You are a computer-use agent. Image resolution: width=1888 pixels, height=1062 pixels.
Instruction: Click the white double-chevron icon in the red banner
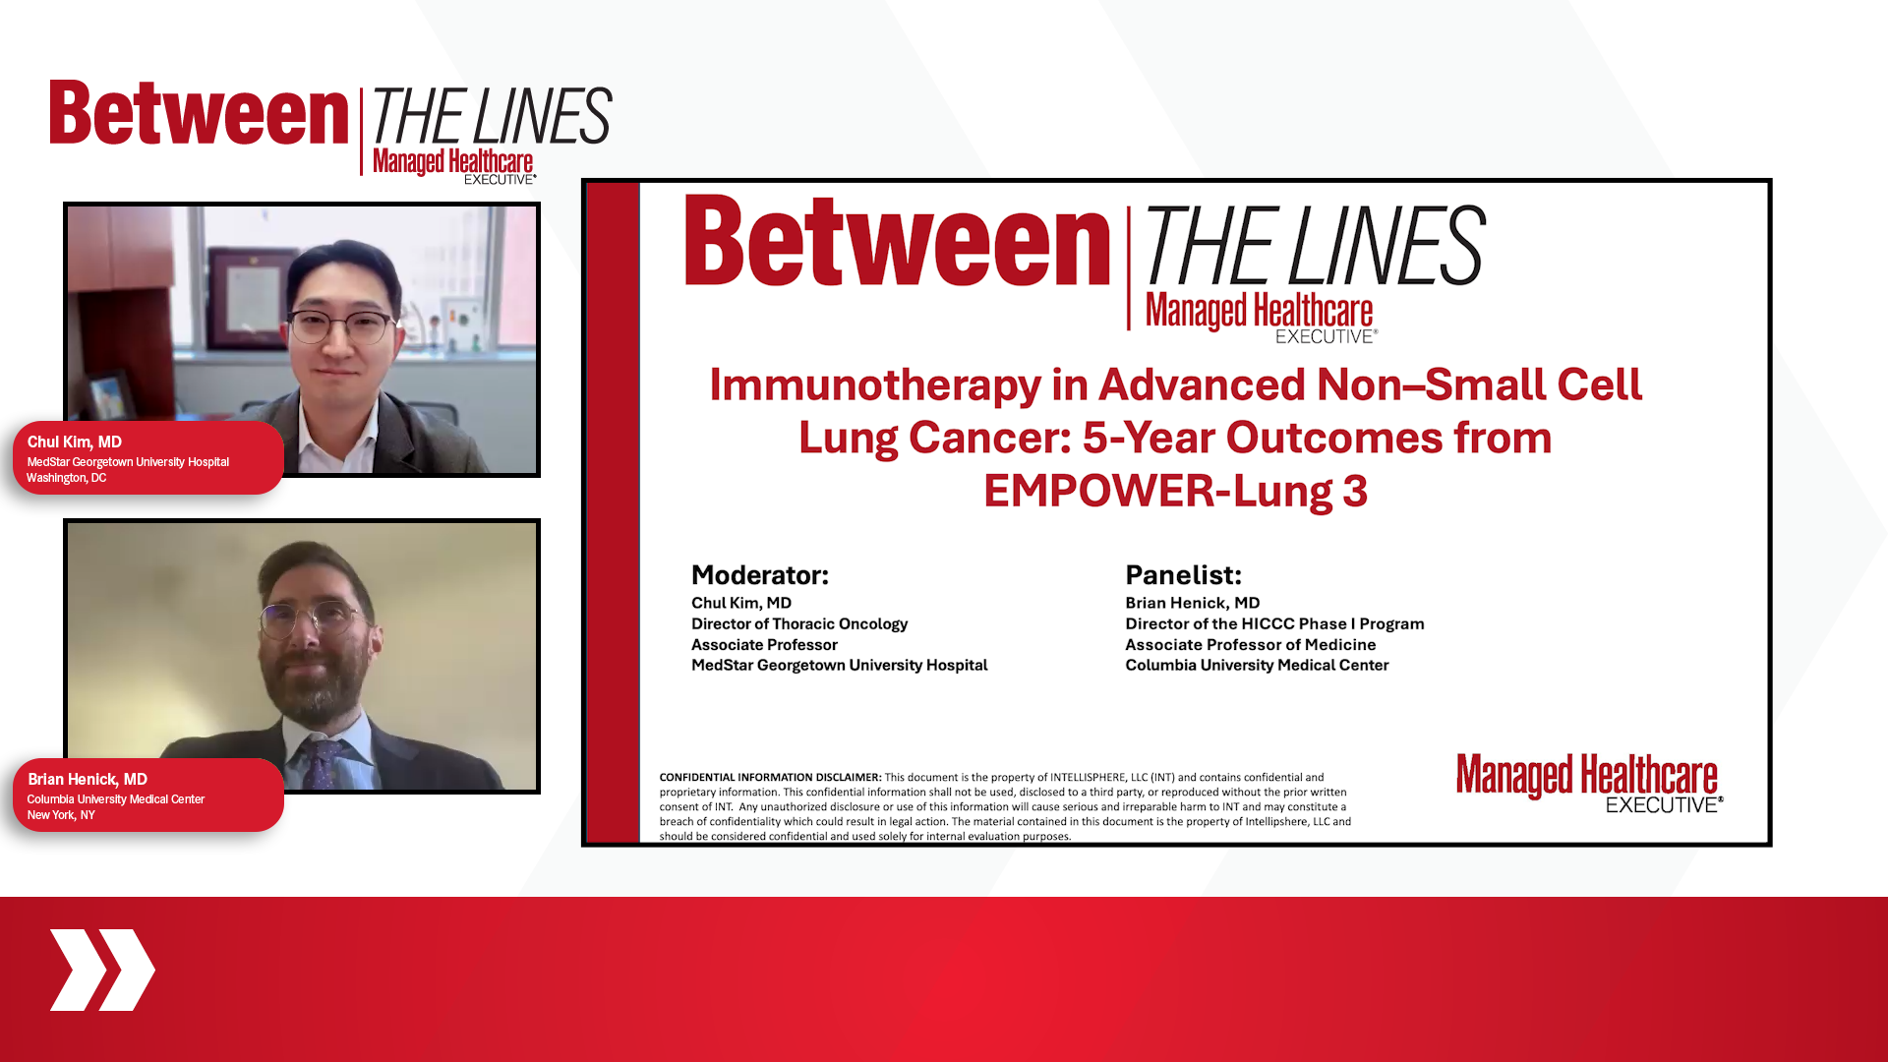[102, 970]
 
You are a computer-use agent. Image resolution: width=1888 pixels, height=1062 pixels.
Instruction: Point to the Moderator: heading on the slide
[760, 575]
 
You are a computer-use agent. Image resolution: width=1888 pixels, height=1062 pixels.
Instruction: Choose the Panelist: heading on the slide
[1184, 575]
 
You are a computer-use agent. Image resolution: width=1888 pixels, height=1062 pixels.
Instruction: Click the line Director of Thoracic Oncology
[799, 624]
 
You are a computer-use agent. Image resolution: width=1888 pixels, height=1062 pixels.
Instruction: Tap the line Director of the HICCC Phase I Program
[1274, 624]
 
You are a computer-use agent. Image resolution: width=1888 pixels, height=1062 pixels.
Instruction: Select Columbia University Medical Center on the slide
[1257, 666]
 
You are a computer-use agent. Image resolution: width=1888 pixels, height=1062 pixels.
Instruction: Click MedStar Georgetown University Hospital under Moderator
[840, 666]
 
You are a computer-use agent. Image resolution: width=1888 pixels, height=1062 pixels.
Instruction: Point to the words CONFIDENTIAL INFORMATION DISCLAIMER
[770, 777]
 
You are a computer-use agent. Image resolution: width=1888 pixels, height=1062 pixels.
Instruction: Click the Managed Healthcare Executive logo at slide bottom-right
[1589, 783]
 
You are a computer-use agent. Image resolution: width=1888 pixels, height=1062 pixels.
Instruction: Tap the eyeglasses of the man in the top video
[339, 325]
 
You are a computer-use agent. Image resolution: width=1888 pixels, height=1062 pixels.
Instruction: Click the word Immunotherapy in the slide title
[875, 384]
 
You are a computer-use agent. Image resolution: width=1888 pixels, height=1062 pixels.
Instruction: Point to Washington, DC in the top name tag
[66, 478]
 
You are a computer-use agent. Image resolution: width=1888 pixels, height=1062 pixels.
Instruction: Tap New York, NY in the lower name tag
[61, 815]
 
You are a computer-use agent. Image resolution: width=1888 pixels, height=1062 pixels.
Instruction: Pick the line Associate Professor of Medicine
[1250, 645]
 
